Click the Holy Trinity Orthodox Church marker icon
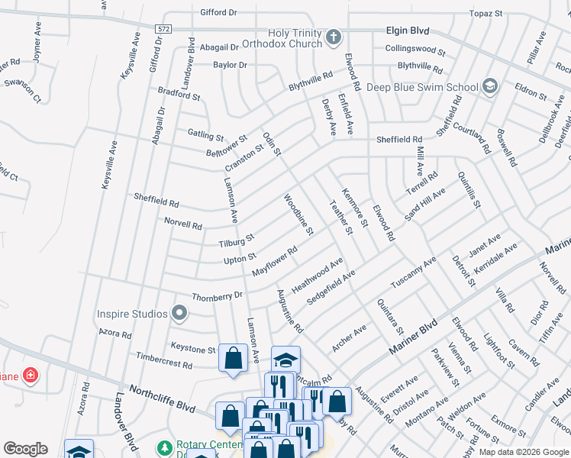pyautogui.click(x=333, y=37)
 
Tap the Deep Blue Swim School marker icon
pyautogui.click(x=489, y=87)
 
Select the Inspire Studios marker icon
pyautogui.click(x=179, y=313)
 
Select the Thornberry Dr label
pyautogui.click(x=217, y=295)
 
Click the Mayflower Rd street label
pyautogui.click(x=274, y=261)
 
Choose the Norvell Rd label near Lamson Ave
pyautogui.click(x=183, y=225)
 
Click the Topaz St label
pyautogui.click(x=486, y=14)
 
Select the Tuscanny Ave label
pyautogui.click(x=413, y=272)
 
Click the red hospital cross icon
pyautogui.click(x=30, y=376)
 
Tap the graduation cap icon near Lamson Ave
pyautogui.click(x=285, y=360)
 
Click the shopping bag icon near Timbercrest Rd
pyautogui.click(x=233, y=357)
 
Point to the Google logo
pyautogui.click(x=25, y=449)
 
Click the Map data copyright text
pyautogui.click(x=524, y=452)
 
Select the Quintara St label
pyautogui.click(x=389, y=317)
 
